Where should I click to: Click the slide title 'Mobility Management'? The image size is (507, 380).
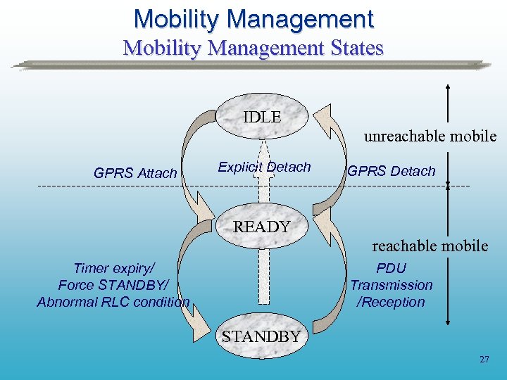pos(254,18)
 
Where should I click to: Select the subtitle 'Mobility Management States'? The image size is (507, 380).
pos(254,48)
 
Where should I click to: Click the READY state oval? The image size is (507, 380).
pos(262,227)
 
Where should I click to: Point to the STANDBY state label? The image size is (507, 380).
pos(261,336)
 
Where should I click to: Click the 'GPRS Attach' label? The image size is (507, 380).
pos(135,172)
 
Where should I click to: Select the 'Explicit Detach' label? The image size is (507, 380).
pos(264,167)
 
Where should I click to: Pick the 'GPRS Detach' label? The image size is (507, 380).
pos(392,171)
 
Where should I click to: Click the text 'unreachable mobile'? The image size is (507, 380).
pos(430,136)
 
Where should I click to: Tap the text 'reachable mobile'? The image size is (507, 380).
pos(430,246)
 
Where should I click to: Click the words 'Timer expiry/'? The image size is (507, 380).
pos(113,268)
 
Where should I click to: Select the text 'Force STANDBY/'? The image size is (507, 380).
pos(113,285)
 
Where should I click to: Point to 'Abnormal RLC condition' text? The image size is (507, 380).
pos(113,302)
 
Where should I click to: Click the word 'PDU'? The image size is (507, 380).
pos(392,268)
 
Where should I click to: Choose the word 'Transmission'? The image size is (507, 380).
pos(392,285)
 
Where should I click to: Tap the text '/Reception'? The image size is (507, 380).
pos(392,302)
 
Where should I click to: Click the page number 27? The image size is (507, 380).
pos(484,360)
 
